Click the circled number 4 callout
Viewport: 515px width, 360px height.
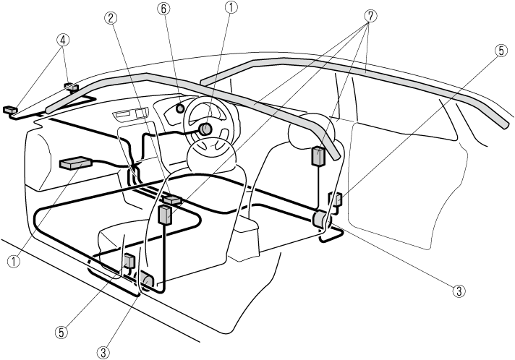click(64, 40)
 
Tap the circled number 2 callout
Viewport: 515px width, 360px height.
click(111, 18)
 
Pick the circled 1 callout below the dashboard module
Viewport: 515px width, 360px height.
click(14, 262)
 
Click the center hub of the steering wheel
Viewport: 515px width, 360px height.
click(205, 129)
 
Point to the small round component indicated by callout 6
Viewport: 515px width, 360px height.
click(179, 109)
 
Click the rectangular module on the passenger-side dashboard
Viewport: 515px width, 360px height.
click(76, 163)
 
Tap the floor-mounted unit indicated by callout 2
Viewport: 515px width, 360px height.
click(173, 199)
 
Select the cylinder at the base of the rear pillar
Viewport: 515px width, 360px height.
click(319, 219)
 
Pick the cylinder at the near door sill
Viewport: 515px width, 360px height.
click(147, 280)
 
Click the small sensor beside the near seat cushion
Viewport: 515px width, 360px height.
click(129, 261)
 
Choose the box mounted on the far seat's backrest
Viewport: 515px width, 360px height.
click(317, 156)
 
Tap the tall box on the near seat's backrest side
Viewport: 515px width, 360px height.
click(165, 215)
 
